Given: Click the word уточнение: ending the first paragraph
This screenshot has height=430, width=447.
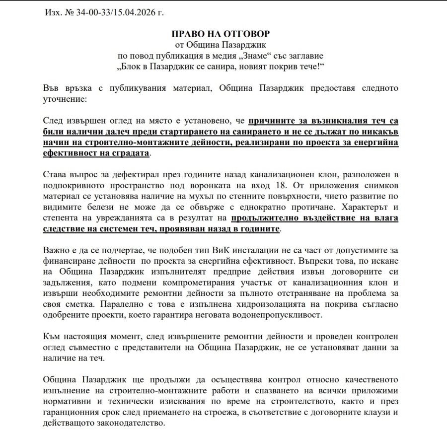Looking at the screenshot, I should [65, 99].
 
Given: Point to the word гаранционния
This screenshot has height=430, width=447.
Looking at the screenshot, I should [73, 412].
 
